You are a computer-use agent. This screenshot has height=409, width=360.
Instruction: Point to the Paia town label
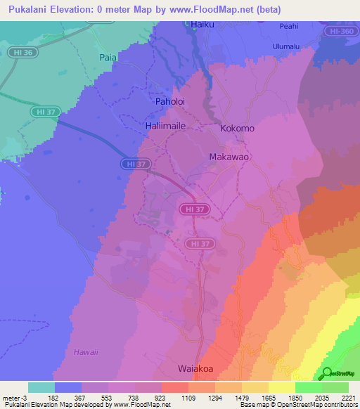pos(108,58)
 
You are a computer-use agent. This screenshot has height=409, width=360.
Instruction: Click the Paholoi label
pos(169,101)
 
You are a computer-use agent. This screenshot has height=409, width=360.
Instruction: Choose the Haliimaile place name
pos(167,125)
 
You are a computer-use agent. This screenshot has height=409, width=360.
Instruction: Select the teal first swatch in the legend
pos(41,387)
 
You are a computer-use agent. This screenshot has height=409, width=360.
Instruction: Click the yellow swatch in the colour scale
pos(281,387)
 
